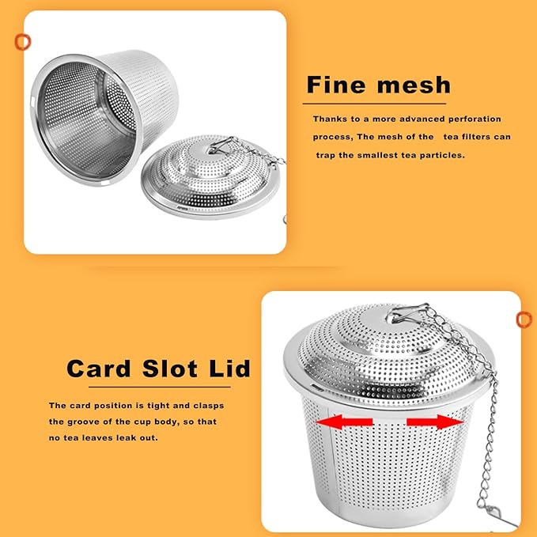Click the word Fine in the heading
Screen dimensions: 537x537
coord(336,85)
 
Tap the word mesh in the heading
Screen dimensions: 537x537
coord(414,85)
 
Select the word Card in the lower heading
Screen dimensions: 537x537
coord(99,369)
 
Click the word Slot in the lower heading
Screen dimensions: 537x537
coord(170,369)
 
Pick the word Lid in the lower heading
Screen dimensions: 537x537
coord(229,369)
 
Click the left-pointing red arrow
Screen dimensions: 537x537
coord(344,422)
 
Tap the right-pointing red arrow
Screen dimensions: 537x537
coord(435,422)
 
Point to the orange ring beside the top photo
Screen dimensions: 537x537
coord(23,42)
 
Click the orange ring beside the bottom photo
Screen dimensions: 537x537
coord(524,320)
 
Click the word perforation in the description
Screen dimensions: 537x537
coord(475,119)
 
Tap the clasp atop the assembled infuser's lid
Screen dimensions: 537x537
coord(407,313)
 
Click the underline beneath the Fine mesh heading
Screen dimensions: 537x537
coord(374,104)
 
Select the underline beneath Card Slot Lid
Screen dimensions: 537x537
coord(160,388)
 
